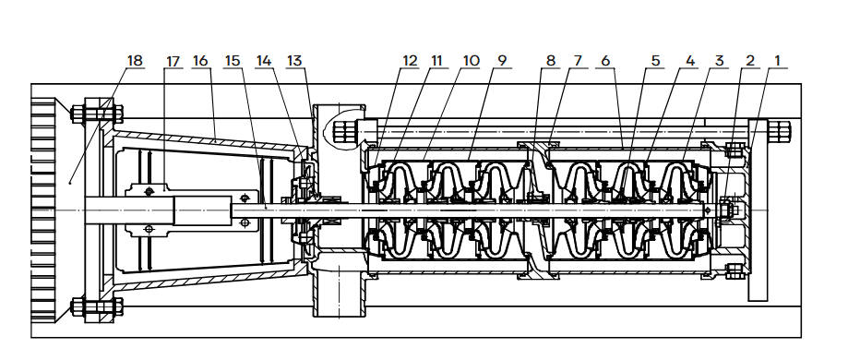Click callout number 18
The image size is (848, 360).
(x=135, y=61)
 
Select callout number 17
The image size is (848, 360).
(x=173, y=62)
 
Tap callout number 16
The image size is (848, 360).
(x=200, y=61)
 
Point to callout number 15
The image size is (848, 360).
(x=232, y=61)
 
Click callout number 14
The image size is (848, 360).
(x=263, y=61)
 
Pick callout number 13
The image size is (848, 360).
(x=294, y=61)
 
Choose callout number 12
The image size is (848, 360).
(x=410, y=61)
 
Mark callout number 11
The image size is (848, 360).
(x=436, y=61)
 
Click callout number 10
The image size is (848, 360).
(x=471, y=61)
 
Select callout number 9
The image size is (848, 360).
(x=502, y=61)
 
